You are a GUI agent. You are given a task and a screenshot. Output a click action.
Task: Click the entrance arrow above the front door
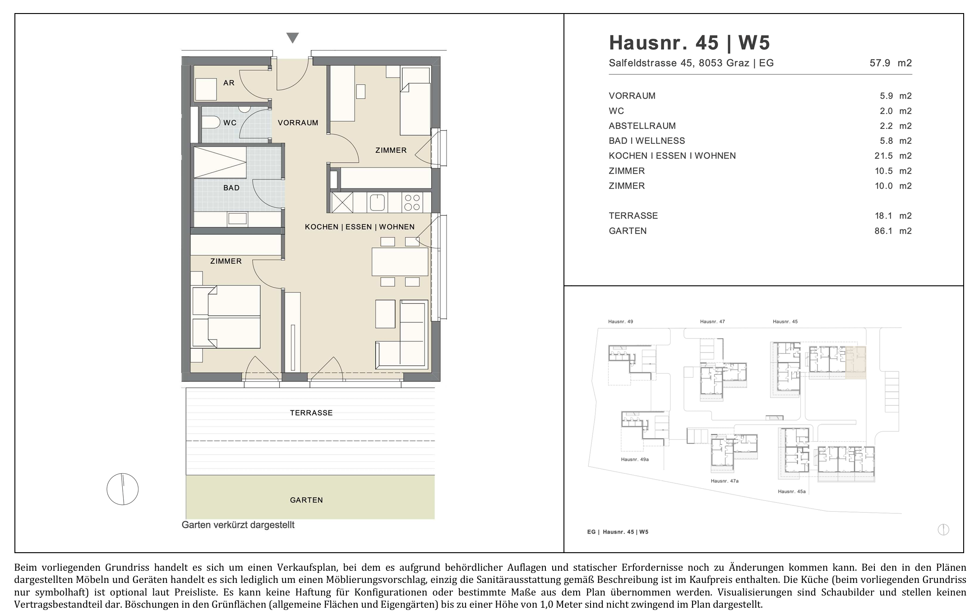293,38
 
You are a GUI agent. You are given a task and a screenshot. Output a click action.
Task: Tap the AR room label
229,83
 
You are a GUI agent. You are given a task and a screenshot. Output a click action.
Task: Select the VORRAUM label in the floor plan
298,123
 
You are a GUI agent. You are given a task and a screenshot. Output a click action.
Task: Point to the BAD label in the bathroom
231,188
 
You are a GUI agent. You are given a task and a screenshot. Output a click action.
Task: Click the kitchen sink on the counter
377,202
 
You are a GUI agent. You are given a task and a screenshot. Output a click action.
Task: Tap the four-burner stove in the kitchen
412,202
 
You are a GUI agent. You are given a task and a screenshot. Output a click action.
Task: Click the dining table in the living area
400,261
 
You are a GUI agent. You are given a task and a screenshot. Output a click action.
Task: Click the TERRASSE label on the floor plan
311,413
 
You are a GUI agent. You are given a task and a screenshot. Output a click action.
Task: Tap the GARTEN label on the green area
306,500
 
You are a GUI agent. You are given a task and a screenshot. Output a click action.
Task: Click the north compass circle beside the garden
123,489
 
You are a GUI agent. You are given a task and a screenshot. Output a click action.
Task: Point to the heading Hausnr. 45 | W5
689,43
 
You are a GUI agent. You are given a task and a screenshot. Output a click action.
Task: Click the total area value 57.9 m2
891,63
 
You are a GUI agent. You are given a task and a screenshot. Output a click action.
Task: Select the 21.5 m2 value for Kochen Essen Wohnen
893,156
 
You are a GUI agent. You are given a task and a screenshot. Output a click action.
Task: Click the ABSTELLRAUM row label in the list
642,126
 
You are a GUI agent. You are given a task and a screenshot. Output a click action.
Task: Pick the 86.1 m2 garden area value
893,231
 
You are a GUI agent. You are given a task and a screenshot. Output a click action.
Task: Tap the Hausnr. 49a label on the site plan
635,459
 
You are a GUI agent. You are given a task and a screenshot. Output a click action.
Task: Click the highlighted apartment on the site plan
856,362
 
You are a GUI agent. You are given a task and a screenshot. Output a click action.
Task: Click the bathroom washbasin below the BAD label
237,219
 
